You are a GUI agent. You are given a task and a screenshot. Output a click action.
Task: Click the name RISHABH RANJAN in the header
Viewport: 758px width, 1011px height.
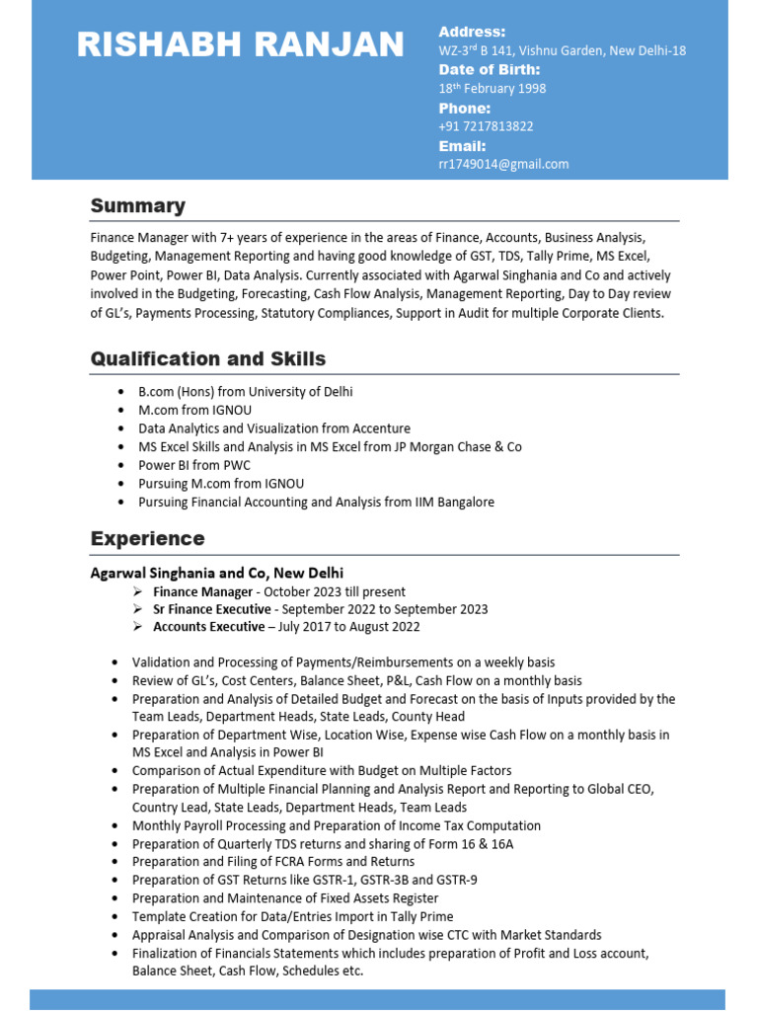point(240,44)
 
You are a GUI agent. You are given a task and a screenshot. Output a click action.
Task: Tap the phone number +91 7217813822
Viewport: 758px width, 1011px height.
point(486,126)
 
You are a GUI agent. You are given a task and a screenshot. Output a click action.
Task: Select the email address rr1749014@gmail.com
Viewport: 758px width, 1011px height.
point(503,164)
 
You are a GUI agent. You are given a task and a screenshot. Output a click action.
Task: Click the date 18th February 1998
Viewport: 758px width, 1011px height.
point(492,89)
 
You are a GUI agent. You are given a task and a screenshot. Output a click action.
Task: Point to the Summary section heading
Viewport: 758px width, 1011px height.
point(137,205)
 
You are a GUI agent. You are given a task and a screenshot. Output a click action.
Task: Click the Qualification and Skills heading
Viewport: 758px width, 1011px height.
point(207,358)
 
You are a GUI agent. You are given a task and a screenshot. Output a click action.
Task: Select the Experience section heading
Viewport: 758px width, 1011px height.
point(147,538)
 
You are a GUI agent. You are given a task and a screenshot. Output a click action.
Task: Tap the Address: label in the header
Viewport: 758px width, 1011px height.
point(472,32)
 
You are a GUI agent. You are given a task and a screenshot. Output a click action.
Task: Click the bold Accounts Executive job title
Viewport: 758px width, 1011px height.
point(208,627)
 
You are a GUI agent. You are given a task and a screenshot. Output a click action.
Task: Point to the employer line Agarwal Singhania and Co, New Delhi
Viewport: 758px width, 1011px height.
point(217,573)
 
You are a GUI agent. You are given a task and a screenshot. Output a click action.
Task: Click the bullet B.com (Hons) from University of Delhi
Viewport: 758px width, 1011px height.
point(245,392)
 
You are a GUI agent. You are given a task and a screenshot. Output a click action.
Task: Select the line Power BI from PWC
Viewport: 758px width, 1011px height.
point(193,465)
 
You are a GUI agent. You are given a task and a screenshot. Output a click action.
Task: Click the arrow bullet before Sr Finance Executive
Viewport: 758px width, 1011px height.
point(137,609)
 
